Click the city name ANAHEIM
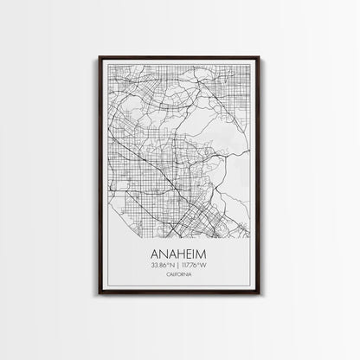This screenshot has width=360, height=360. [x=179, y=256]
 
